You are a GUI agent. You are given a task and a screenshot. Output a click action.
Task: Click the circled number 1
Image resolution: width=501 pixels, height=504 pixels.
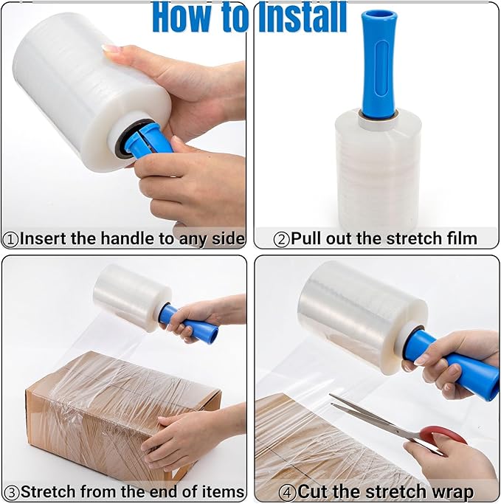(11, 238)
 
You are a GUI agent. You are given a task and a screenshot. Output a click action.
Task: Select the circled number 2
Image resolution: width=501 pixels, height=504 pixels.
(281, 238)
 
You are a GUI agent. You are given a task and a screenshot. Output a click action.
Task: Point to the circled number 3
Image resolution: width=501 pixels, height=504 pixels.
(11, 491)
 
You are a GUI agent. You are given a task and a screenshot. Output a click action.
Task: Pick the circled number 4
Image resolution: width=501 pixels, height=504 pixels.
(287, 491)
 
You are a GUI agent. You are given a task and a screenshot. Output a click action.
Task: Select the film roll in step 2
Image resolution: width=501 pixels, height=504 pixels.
(378, 170)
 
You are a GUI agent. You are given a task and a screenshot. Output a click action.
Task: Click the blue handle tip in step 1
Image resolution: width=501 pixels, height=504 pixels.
(148, 140)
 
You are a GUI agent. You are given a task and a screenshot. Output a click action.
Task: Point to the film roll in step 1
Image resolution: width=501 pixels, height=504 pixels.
(81, 89)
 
